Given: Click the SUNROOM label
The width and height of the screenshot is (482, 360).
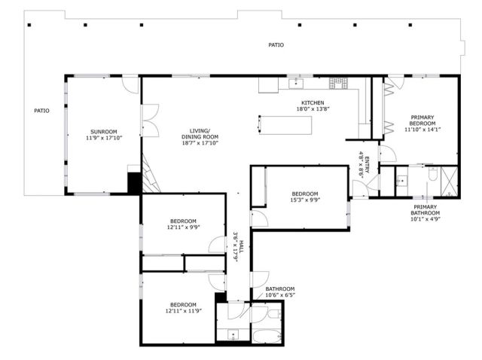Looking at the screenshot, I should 103,132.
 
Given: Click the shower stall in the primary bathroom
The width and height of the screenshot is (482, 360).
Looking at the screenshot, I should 449,182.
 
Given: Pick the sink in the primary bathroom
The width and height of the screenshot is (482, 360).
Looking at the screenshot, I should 401,181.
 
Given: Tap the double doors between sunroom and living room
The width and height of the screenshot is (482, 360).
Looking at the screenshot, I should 150,121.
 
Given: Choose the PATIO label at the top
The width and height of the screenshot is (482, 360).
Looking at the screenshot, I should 276,45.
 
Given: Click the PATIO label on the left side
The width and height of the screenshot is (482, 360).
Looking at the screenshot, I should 42,111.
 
